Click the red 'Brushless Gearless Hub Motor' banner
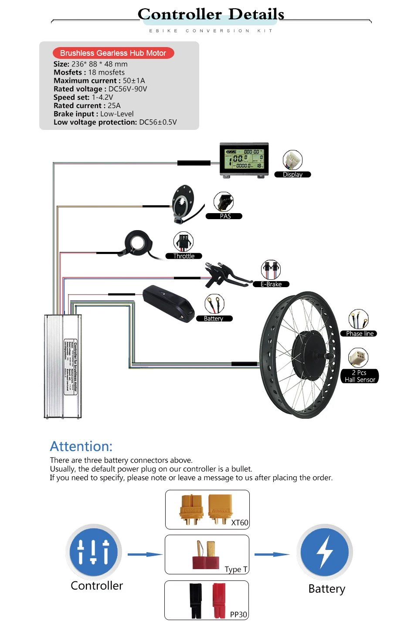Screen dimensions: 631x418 pyautogui.click(x=113, y=53)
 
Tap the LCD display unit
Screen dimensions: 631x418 pyautogui.click(x=244, y=160)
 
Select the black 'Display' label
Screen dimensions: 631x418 pyautogui.click(x=292, y=175)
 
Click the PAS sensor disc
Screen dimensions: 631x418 pyautogui.click(x=183, y=203)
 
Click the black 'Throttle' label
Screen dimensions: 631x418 pyautogui.click(x=184, y=256)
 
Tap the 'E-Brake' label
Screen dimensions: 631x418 pyautogui.click(x=271, y=284)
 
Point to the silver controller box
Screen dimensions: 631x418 pyautogui.click(x=63, y=366)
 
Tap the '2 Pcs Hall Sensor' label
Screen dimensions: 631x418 pyautogui.click(x=360, y=376)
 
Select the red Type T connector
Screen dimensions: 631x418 pyautogui.click(x=206, y=556)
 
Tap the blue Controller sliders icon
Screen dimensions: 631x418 pyautogui.click(x=94, y=552)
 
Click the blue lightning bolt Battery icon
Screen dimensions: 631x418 pyautogui.click(x=325, y=552)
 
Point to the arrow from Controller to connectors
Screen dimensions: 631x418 pyautogui.click(x=145, y=554)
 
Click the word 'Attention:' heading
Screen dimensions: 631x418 pyautogui.click(x=81, y=446)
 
